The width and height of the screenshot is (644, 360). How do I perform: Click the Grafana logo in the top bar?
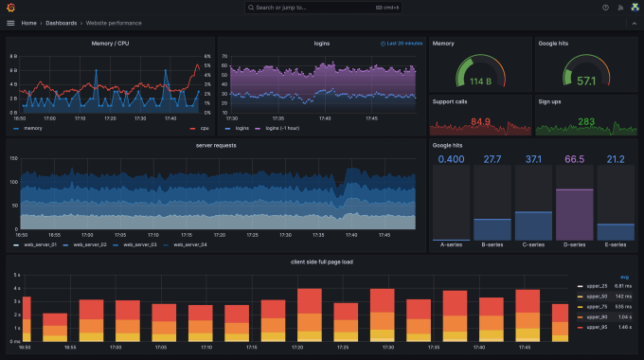pyautogui.click(x=10, y=8)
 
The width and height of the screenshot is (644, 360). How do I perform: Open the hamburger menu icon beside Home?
pyautogui.click(x=10, y=23)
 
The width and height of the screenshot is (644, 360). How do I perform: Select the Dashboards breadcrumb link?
pyautogui.click(x=63, y=23)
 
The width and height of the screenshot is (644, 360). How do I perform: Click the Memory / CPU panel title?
pyautogui.click(x=110, y=44)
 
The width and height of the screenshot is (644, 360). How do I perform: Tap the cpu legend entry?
pyautogui.click(x=203, y=128)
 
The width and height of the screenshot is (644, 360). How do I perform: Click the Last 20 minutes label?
pyautogui.click(x=402, y=44)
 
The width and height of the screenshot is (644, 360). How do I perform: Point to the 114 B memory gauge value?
pyautogui.click(x=480, y=81)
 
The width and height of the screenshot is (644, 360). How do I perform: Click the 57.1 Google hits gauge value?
pyautogui.click(x=586, y=81)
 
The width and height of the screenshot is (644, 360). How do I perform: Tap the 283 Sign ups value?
pyautogui.click(x=586, y=121)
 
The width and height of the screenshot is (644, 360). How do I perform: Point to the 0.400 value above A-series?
pyautogui.click(x=451, y=159)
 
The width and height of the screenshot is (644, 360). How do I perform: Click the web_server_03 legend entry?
pyautogui.click(x=133, y=244)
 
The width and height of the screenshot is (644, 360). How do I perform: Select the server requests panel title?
pyautogui.click(x=215, y=146)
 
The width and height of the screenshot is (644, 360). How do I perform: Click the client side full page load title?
pyautogui.click(x=322, y=261)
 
